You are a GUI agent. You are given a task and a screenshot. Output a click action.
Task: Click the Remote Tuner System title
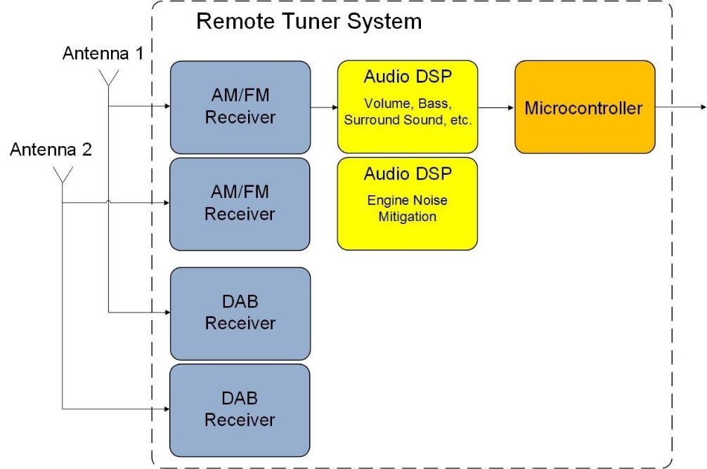point(309,21)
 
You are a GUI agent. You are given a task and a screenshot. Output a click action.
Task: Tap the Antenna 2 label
point(51,149)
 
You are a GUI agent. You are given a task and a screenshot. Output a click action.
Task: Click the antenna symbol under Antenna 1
point(109,77)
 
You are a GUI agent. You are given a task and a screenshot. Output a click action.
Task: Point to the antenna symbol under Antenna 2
point(63,174)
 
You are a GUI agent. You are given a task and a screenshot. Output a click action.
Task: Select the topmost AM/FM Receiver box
point(240,107)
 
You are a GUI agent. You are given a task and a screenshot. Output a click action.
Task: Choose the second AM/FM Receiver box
point(240,204)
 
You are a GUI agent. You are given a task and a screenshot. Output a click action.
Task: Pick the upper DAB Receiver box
point(240,313)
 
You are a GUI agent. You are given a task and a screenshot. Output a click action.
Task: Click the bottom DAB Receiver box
point(240,409)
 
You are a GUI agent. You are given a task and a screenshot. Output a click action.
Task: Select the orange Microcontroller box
point(584,107)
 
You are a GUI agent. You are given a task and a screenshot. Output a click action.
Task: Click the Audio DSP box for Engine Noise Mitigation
point(408,204)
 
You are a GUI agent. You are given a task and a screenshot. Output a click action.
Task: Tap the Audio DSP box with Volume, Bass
point(408,107)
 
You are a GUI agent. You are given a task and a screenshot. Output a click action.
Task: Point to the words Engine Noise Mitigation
point(408,209)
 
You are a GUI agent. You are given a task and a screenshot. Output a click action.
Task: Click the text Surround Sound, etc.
point(408,120)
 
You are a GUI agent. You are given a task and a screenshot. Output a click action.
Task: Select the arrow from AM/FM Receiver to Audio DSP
point(324,107)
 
